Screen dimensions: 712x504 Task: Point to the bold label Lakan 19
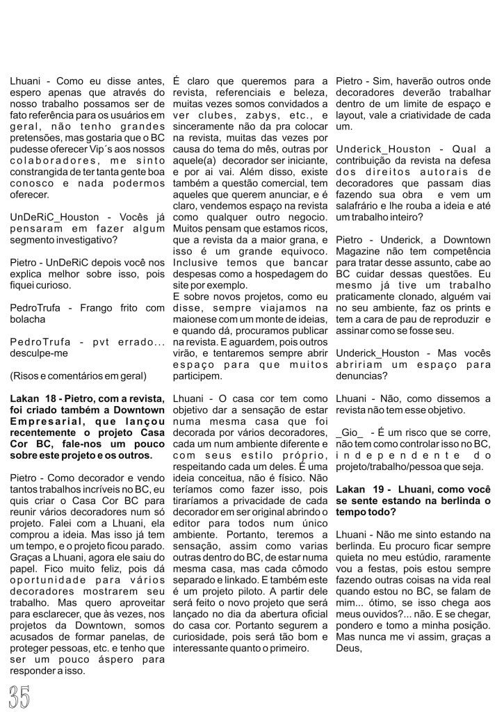359,470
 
